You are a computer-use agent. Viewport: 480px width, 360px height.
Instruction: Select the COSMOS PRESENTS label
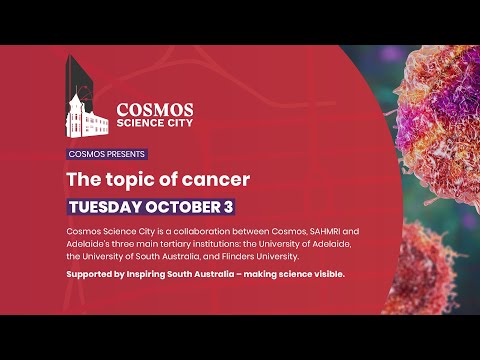tap(107, 154)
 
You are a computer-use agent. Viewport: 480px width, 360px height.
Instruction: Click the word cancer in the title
tap(213, 180)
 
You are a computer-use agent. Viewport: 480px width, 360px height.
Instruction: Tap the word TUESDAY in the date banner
tap(108, 207)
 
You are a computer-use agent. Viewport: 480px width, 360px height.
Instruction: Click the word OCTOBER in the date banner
tap(186, 207)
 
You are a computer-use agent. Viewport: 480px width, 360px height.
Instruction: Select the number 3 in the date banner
tap(230, 207)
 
